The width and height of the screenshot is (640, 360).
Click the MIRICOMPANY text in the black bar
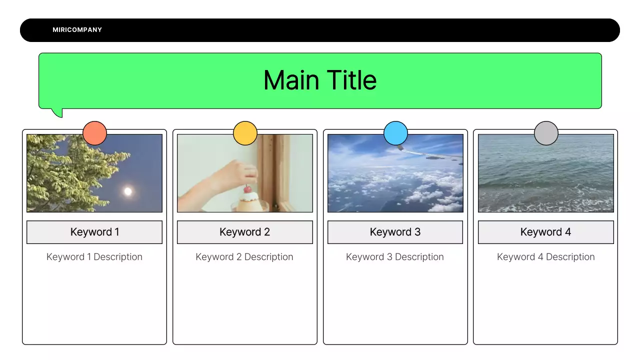click(77, 30)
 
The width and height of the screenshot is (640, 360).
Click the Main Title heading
click(320, 80)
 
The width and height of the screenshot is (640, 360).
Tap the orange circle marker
click(94, 133)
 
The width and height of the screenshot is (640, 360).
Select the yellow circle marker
click(245, 133)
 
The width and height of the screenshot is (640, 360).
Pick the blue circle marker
click(395, 133)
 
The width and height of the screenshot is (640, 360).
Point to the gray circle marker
click(546, 133)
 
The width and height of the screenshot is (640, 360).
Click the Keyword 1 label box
click(94, 232)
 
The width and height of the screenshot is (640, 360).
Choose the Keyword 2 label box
click(245, 232)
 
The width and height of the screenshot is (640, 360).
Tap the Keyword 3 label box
click(395, 232)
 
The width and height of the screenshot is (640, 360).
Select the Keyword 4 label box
click(545, 232)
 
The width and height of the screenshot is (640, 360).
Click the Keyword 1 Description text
click(94, 257)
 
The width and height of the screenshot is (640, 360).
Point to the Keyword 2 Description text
click(244, 257)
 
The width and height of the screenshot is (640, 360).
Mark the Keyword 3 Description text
click(395, 257)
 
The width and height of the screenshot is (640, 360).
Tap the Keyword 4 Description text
click(545, 257)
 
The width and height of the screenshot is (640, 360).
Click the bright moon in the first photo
click(128, 191)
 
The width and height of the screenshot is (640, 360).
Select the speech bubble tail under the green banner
click(57, 112)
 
